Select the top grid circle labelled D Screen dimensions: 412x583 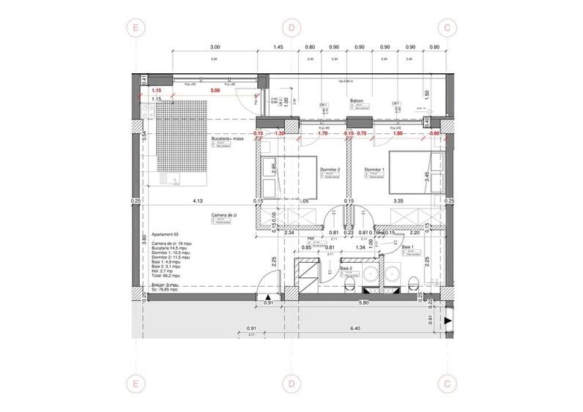tap(291, 28)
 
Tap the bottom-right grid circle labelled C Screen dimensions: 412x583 tap(448, 383)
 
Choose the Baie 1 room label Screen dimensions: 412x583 tap(407, 247)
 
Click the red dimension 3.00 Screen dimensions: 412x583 tap(215, 90)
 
